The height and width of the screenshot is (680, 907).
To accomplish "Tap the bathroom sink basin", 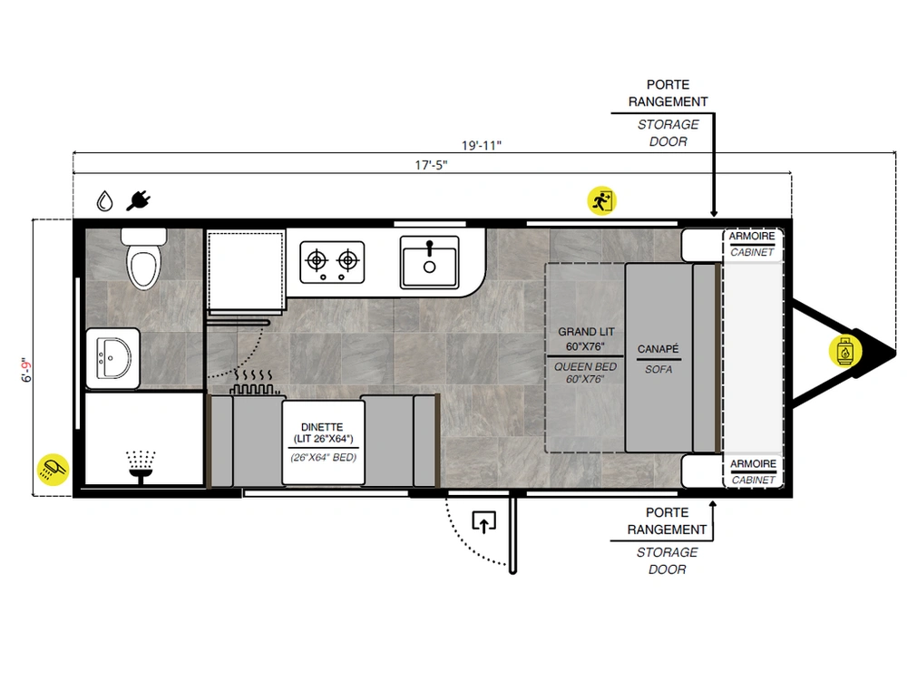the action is tap(113, 358).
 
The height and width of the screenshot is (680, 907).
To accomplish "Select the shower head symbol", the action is tap(141, 466).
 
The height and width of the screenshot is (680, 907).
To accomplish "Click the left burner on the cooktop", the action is tap(317, 261).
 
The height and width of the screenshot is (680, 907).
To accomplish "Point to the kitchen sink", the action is tap(429, 262).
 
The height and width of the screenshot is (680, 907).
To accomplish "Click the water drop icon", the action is tap(104, 200).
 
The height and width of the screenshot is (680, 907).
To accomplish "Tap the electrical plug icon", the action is tap(139, 200).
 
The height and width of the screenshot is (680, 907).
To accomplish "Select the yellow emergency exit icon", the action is tap(602, 200).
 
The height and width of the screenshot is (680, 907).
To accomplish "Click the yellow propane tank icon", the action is tap(845, 351).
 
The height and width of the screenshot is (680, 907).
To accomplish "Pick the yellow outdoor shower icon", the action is tap(53, 469).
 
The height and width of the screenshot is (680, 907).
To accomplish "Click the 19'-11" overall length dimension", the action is tap(482, 145).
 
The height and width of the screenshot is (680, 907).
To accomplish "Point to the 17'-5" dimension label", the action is tap(431, 165).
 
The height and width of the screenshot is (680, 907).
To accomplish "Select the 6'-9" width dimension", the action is tap(27, 370).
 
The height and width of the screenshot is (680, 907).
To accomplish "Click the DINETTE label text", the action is tap(322, 427).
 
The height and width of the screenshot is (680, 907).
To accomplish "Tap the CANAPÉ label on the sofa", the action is tap(658, 349).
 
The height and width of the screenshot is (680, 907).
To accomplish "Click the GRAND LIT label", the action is tap(586, 332).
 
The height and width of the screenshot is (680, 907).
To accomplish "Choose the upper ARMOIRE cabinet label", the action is tap(752, 236).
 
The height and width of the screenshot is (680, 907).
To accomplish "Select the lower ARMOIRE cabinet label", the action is tap(753, 463).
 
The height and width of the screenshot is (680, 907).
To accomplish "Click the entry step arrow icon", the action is tap(483, 521).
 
